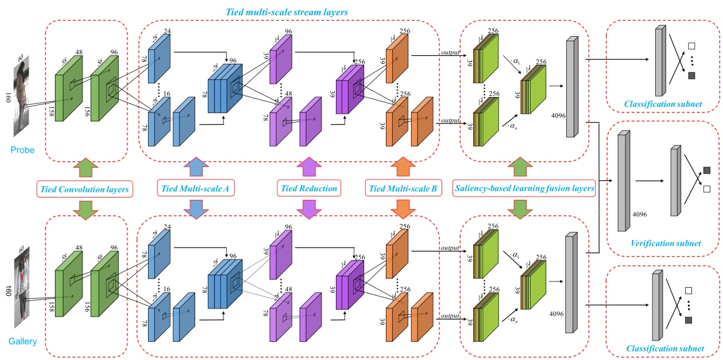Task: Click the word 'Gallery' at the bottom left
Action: click(x=22, y=342)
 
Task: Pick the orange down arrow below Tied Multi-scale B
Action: click(x=401, y=207)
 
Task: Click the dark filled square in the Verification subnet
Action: click(x=706, y=170)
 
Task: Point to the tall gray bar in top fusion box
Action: click(x=571, y=87)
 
